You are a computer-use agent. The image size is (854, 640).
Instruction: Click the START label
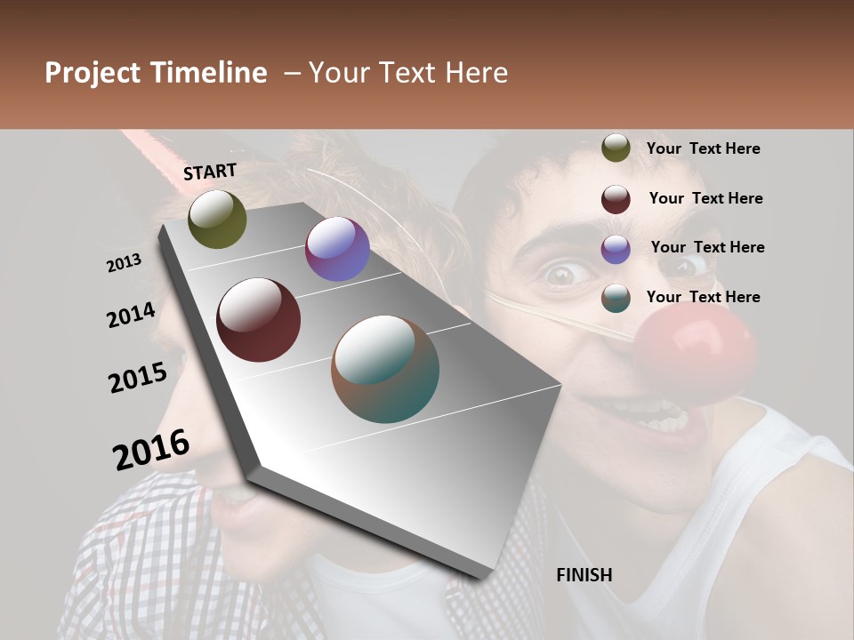(210, 172)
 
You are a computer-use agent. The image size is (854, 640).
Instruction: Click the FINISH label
(584, 575)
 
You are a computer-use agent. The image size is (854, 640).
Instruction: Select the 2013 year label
(124, 263)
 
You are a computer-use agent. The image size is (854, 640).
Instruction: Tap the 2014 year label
(131, 315)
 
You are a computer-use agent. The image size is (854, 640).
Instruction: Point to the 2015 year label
(138, 378)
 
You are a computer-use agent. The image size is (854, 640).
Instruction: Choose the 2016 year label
(151, 449)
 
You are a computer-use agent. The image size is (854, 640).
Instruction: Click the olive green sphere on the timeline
(217, 219)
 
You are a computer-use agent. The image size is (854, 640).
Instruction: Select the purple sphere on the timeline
(337, 249)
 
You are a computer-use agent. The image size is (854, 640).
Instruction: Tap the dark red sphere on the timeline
(259, 320)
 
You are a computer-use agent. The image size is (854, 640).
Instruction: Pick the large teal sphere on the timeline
(385, 369)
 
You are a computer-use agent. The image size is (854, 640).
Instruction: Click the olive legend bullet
(616, 148)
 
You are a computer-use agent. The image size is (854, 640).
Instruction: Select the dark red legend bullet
(616, 199)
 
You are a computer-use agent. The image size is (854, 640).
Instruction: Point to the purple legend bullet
(616, 249)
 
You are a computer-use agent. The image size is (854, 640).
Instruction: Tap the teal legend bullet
(616, 298)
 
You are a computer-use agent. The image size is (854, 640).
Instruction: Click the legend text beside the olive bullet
(703, 148)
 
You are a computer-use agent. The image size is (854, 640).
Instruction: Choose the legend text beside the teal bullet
(703, 297)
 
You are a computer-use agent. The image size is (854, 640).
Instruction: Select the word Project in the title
(93, 73)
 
